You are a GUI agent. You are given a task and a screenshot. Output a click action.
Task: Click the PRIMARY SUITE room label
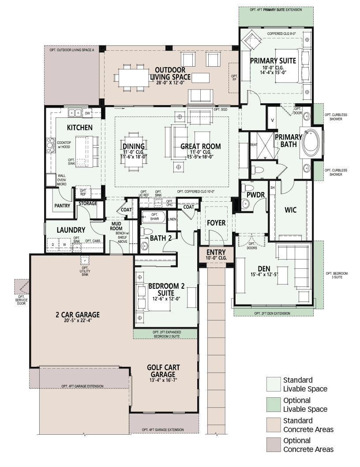tap(273, 61)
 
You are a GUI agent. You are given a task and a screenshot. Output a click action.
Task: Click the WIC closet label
tap(290, 210)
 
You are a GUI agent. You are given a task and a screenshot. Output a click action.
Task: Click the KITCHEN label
tap(79, 128)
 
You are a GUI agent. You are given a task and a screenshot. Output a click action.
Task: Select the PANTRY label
tap(62, 206)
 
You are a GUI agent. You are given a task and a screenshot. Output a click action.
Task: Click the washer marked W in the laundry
tap(64, 245)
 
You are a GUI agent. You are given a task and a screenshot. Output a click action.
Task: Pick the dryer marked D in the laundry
tap(53, 245)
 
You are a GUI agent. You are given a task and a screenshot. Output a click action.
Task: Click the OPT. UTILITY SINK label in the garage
tap(85, 271)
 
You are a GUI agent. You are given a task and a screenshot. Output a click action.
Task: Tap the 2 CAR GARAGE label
tap(77, 315)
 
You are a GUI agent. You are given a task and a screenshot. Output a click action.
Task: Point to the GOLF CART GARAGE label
tap(163, 371)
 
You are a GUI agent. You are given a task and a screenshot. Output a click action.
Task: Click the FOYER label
tap(216, 223)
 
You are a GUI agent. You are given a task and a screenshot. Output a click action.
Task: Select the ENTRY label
tap(216, 252)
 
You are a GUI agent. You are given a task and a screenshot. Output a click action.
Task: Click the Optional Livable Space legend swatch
tap(274, 405)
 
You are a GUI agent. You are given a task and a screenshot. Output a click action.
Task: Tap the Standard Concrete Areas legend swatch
tap(274, 425)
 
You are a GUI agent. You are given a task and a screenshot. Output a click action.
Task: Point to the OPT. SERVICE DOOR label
tap(21, 300)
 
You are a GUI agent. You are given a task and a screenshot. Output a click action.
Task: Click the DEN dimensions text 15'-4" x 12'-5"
tap(264, 274)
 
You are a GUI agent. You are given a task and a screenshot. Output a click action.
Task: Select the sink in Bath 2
tap(144, 246)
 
